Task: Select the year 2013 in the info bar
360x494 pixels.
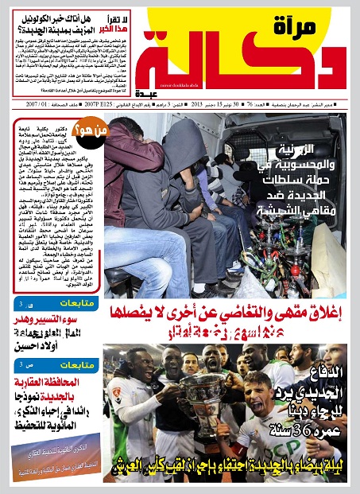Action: (190, 103)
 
